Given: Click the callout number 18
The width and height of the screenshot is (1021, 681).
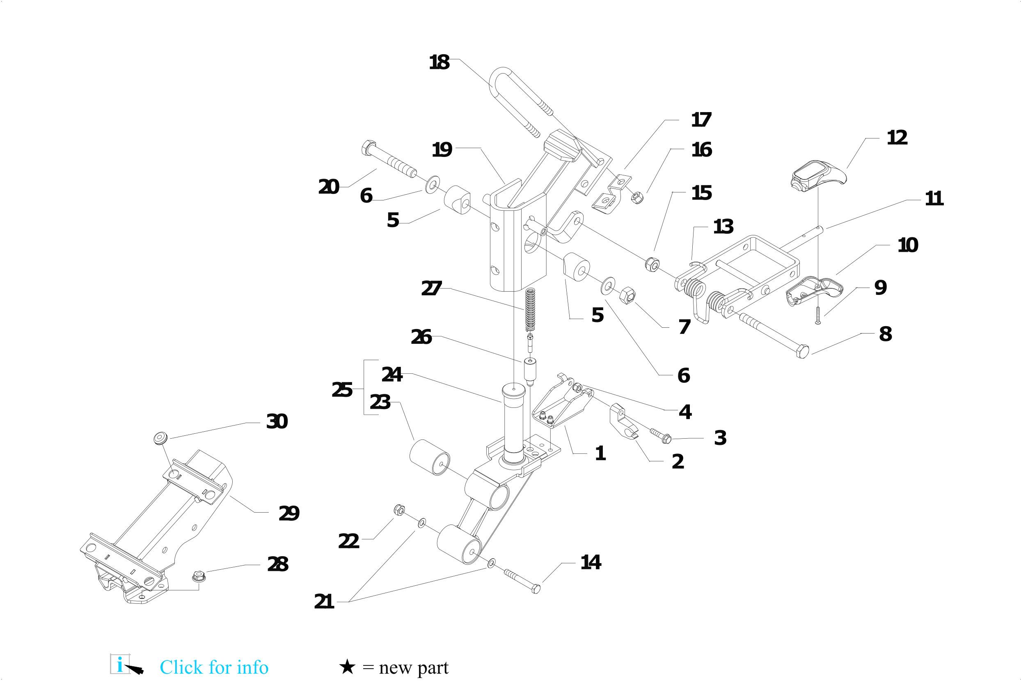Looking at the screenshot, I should [439, 62].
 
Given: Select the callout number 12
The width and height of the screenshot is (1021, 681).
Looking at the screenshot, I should [897, 138].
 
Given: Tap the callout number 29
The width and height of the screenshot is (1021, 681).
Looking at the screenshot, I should [288, 513].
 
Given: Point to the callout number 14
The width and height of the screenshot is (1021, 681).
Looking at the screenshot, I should [591, 562].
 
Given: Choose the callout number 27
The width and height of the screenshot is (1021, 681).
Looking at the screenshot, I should [431, 289].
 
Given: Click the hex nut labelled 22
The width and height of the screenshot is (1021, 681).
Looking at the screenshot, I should [398, 509].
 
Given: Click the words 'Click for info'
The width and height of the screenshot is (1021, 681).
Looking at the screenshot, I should [214, 667].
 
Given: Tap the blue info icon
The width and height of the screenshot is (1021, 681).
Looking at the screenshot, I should [120, 665].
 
